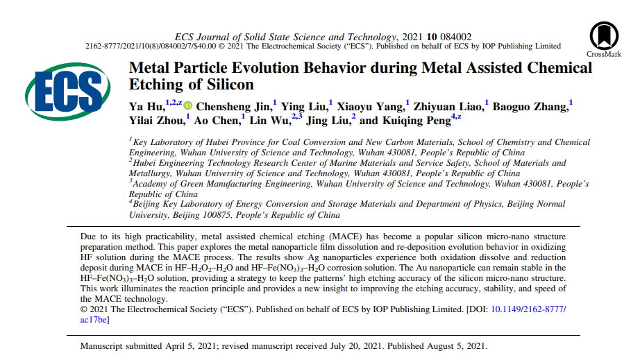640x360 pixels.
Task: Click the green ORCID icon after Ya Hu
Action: (x=187, y=106)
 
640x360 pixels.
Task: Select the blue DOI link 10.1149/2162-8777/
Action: (x=529, y=309)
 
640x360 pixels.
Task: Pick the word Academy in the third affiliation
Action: (x=153, y=184)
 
